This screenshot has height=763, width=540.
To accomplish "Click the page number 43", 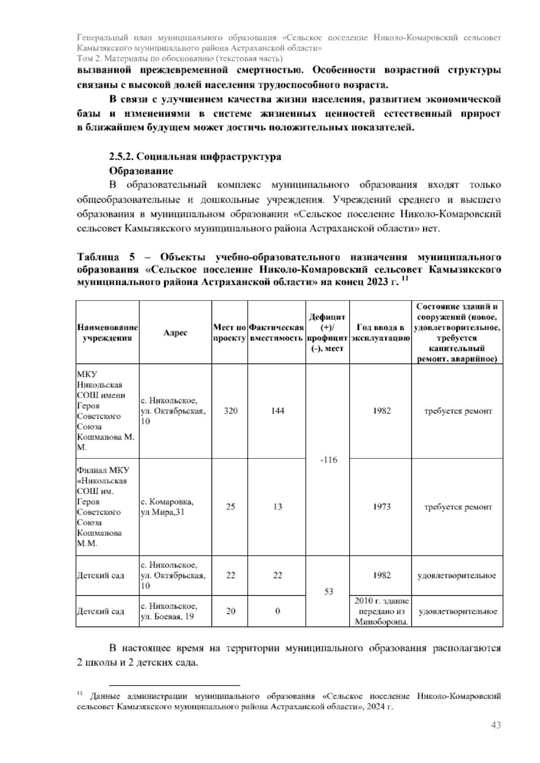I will (x=496, y=725).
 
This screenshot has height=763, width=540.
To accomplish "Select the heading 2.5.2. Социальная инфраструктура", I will (x=195, y=157).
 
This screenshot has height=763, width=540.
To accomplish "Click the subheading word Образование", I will (x=141, y=171).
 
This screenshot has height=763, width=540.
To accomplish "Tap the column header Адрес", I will (x=175, y=332).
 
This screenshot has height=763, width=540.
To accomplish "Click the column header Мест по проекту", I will (x=229, y=332).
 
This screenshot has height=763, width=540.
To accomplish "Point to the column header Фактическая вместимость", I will (x=276, y=332).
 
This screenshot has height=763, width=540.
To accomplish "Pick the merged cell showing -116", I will (x=328, y=460).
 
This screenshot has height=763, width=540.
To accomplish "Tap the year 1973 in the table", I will (x=382, y=507).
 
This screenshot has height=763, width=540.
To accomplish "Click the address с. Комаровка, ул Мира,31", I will (x=167, y=507).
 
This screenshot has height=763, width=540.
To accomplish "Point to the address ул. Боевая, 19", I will (x=167, y=617).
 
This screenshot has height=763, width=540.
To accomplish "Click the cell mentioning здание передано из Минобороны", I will (x=381, y=611).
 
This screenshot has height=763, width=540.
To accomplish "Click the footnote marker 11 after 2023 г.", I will (x=404, y=280).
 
